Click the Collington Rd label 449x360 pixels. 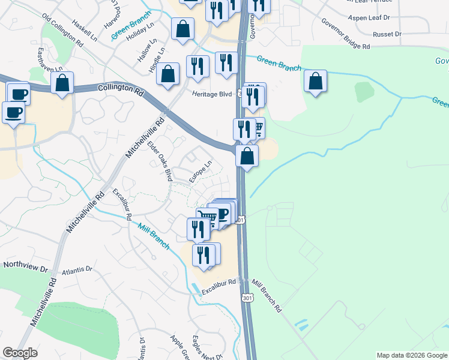coord(121,88)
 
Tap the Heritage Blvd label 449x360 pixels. coord(211,94)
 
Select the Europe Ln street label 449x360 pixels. coord(200,172)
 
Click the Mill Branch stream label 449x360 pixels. coord(153,235)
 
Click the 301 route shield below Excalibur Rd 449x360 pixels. coord(247,297)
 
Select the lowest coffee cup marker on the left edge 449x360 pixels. coord(13,111)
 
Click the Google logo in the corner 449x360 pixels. coord(20,353)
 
